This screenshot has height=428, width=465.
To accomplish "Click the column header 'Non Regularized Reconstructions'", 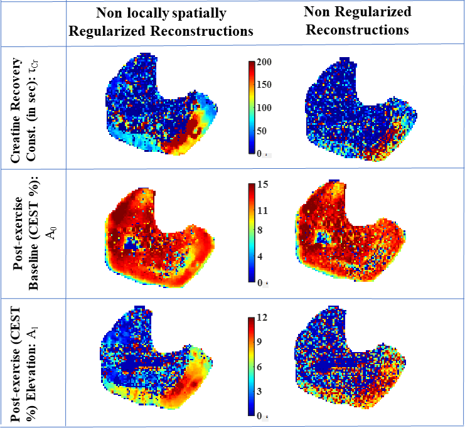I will [357, 20].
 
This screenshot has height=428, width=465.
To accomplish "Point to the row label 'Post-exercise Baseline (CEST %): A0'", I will [32, 232].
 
